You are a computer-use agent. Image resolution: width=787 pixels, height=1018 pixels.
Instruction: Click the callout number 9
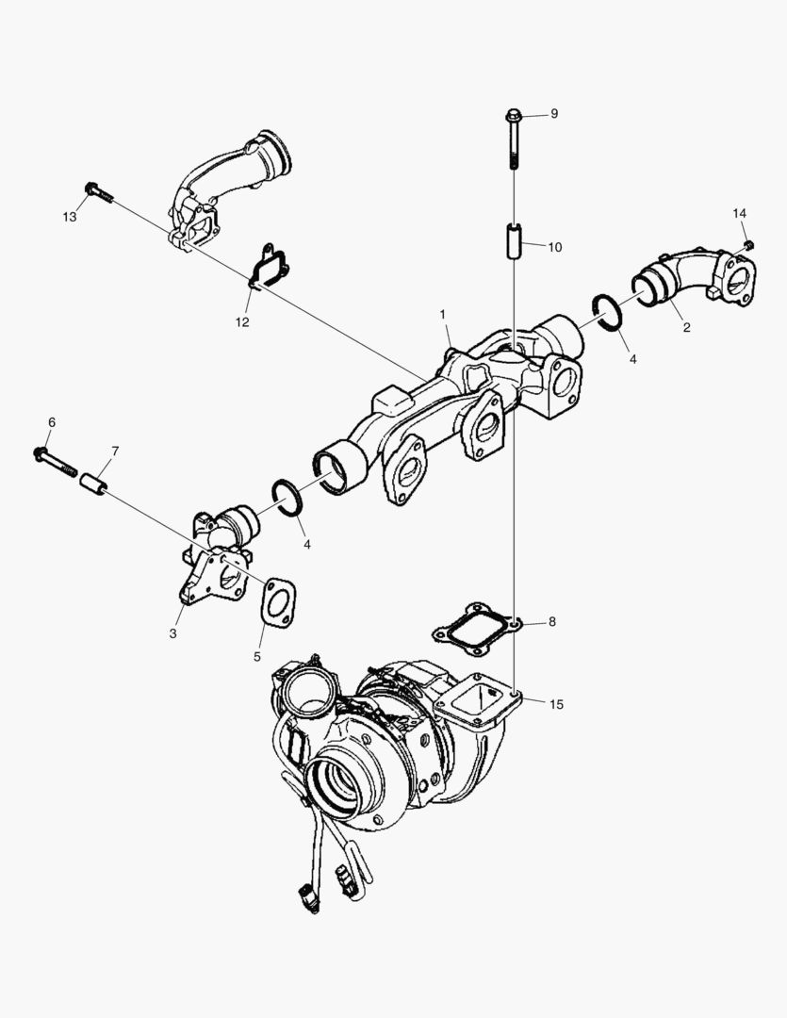(554, 113)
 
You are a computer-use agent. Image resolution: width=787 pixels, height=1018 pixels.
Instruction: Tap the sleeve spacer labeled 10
(513, 241)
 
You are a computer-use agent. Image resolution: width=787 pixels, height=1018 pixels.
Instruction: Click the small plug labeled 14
(747, 245)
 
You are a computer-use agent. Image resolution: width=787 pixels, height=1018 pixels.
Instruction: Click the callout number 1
(443, 313)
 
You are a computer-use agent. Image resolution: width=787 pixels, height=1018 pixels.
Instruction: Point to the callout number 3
(172, 633)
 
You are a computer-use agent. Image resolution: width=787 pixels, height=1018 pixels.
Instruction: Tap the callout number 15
(557, 704)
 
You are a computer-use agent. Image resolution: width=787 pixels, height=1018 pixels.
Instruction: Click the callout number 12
(242, 321)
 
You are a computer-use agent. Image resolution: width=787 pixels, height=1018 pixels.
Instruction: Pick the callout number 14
(739, 214)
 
